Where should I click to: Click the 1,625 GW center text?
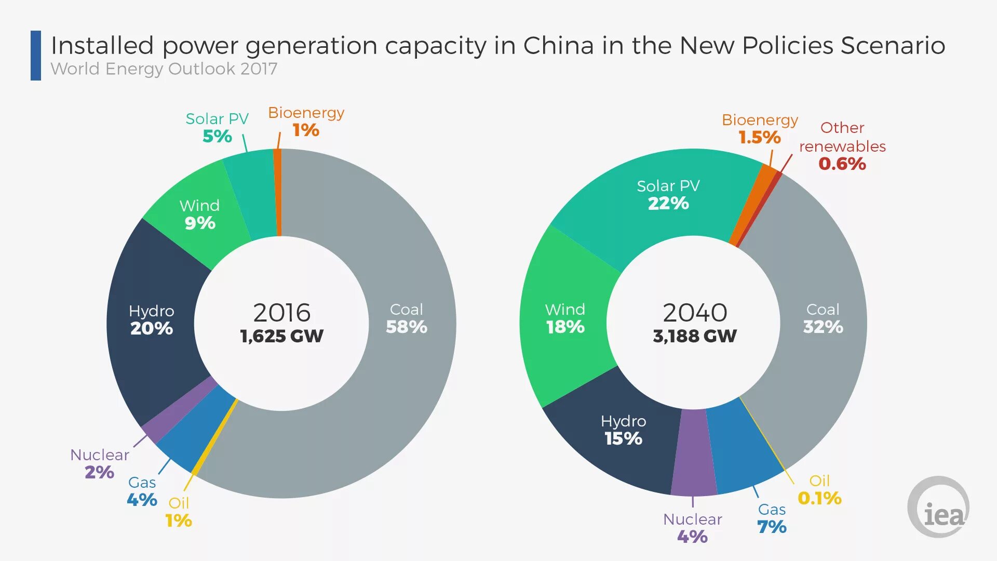(x=281, y=336)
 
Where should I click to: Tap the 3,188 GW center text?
(x=694, y=336)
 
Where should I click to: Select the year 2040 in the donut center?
(x=694, y=313)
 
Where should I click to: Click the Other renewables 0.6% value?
(x=842, y=164)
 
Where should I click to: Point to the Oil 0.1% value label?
(x=819, y=498)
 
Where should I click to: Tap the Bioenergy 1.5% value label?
(x=759, y=138)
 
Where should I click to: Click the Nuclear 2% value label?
(x=99, y=472)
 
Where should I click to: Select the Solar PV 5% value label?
(x=217, y=136)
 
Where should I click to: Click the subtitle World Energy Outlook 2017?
(x=164, y=69)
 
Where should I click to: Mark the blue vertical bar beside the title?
(x=36, y=56)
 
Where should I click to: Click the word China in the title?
(x=558, y=46)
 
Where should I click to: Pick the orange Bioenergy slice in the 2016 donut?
(x=278, y=192)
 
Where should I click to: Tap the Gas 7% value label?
(x=772, y=527)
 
